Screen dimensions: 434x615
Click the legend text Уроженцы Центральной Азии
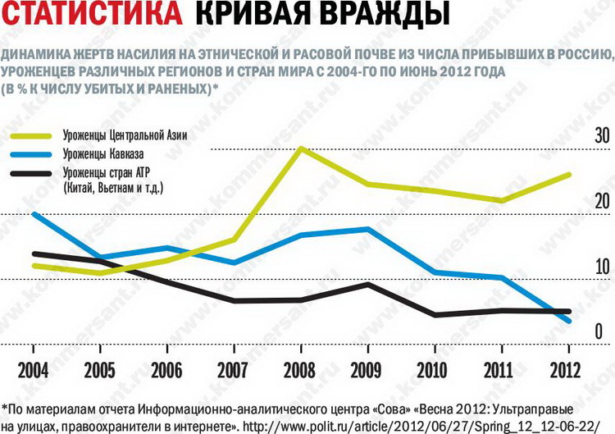[130, 135]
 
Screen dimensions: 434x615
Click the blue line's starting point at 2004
[31, 213]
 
